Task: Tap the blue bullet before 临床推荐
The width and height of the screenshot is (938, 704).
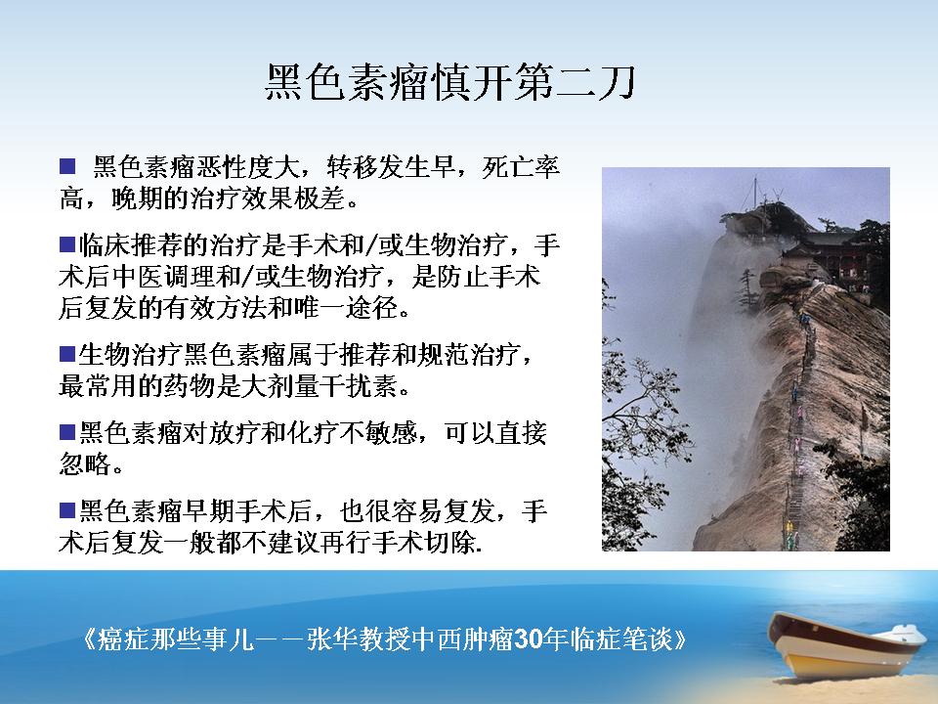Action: point(67,244)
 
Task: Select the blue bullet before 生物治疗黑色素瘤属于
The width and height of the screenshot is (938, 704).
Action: point(67,354)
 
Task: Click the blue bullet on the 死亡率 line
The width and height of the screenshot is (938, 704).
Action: point(67,166)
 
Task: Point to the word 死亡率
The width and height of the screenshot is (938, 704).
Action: point(521,166)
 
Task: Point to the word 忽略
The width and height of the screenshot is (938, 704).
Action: point(85,463)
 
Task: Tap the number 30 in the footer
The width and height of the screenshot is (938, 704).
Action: point(527,639)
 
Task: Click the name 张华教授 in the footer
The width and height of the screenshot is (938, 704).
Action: point(358,639)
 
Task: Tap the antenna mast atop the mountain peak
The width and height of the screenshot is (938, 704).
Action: point(755,193)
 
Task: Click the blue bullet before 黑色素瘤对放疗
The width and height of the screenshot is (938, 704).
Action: point(67,431)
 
